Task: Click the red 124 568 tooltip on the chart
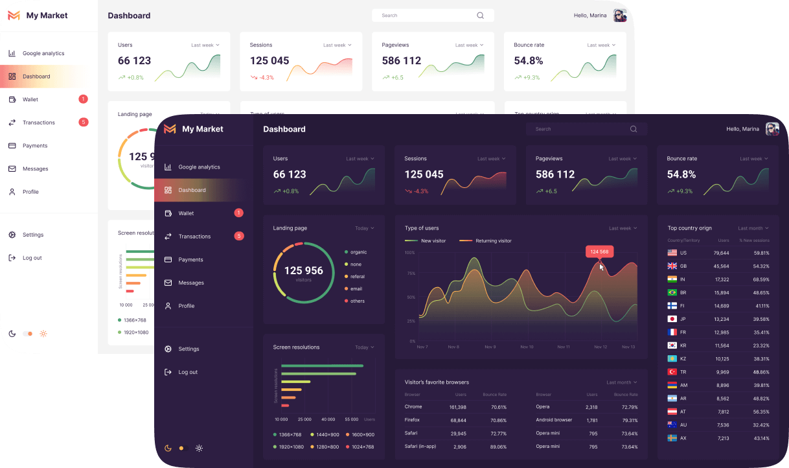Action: (599, 252)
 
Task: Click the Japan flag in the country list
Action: (672, 319)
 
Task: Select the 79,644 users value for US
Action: (721, 253)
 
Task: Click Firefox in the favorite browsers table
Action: (413, 420)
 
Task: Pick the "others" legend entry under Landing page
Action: (357, 301)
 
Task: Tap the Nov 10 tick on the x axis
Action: (527, 347)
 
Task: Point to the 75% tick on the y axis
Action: (410, 274)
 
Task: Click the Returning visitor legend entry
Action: (493, 241)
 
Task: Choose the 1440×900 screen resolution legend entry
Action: (326, 434)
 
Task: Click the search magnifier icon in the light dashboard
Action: (480, 16)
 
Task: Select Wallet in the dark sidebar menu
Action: (186, 213)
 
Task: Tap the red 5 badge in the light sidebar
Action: (83, 122)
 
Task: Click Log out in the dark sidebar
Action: (188, 372)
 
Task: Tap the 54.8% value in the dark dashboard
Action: (681, 174)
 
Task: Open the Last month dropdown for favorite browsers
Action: (622, 382)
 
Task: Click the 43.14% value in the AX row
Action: (761, 438)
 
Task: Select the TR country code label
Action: (683, 372)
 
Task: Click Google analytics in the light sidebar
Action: (43, 53)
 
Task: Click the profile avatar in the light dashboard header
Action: (620, 16)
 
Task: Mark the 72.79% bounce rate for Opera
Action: (629, 407)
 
